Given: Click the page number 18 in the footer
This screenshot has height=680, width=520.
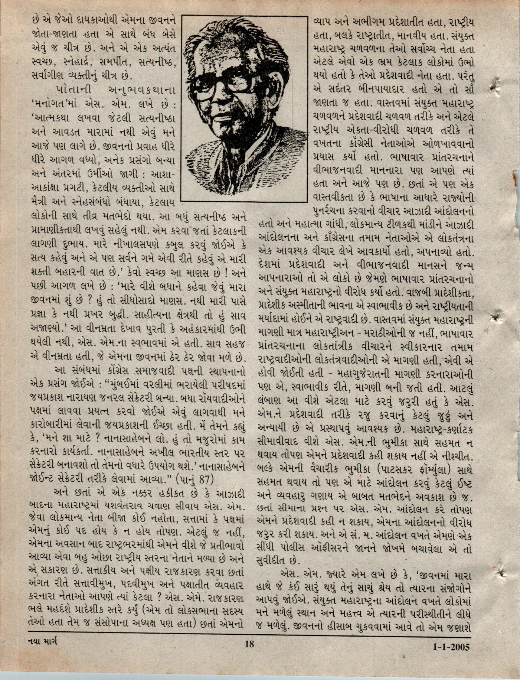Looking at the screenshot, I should (x=249, y=643).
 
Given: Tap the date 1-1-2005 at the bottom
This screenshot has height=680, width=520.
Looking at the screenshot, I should (x=451, y=647).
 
